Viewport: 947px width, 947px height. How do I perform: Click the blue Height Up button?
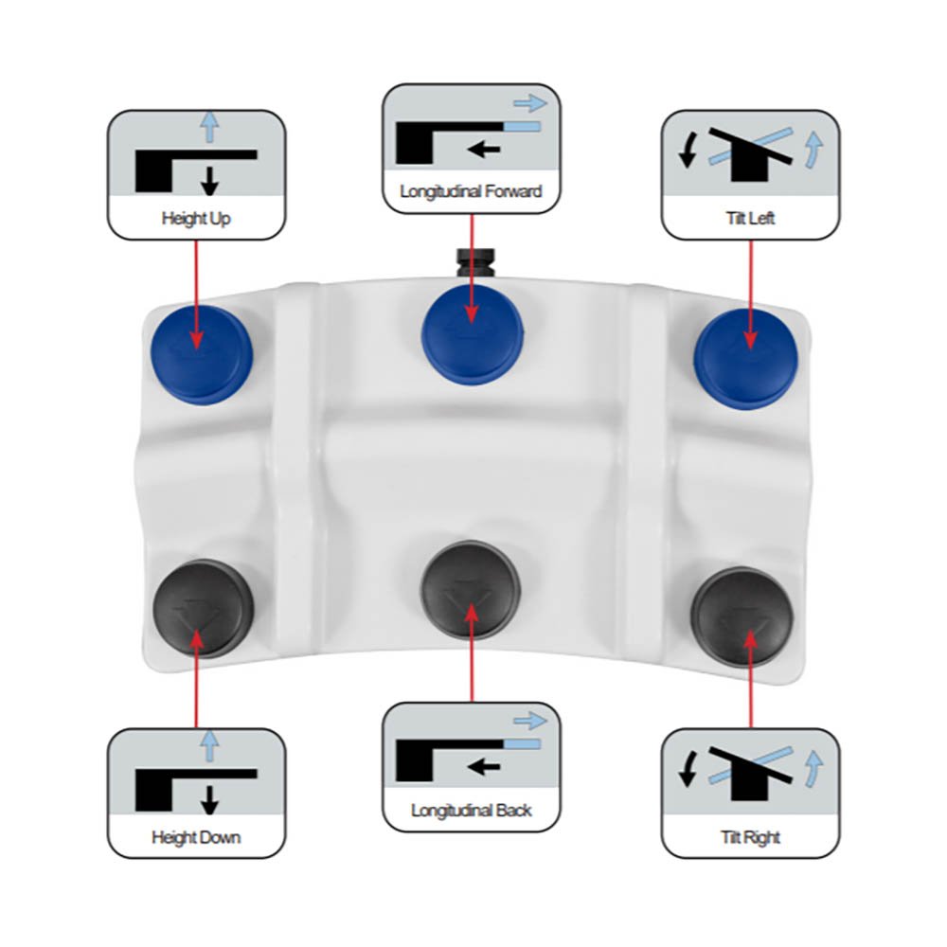tap(201, 354)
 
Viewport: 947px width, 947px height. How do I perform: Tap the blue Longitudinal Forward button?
tap(473, 334)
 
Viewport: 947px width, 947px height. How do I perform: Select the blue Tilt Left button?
tap(746, 359)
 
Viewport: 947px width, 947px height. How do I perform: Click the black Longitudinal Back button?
tap(471, 589)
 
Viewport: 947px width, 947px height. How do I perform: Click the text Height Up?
tap(196, 218)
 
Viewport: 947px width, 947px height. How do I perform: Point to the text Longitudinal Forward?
tap(471, 191)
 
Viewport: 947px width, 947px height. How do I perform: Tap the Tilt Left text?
tap(750, 218)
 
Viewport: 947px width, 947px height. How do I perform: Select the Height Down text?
tap(196, 837)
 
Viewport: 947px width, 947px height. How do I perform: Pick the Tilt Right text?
tap(750, 837)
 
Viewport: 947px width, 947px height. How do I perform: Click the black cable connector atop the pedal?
tap(475, 262)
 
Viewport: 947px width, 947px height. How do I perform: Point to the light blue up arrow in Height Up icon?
tap(209, 127)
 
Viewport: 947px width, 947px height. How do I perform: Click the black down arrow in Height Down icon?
tap(209, 799)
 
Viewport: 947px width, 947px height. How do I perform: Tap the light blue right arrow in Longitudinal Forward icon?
tap(530, 103)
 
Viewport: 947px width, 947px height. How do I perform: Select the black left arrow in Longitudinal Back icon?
tap(484, 766)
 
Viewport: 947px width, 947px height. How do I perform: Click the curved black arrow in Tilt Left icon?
tap(688, 151)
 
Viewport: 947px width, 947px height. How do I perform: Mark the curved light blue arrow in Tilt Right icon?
tap(814, 768)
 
